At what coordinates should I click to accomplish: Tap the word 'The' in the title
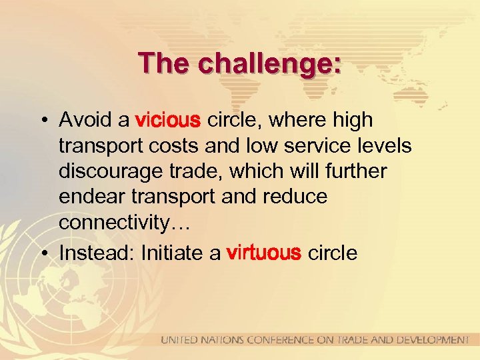pos(158,64)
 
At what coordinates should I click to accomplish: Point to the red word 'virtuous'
pos(265,253)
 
